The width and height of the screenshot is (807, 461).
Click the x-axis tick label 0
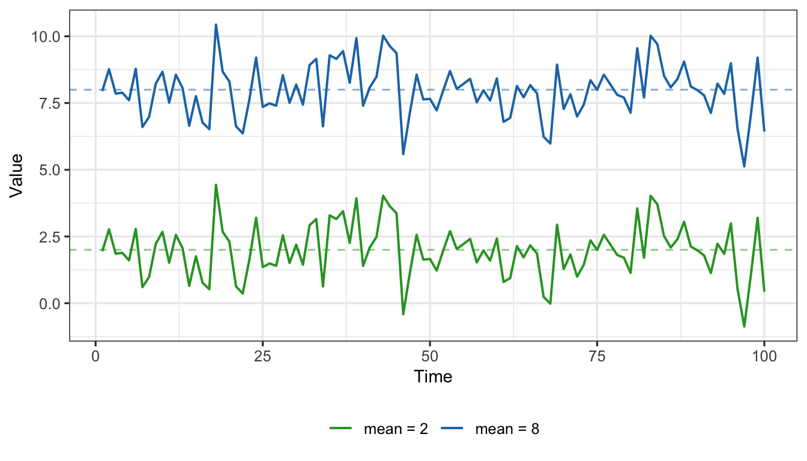click(95, 356)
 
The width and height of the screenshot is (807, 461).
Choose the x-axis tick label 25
click(262, 356)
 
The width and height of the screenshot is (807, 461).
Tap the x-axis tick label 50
click(430, 356)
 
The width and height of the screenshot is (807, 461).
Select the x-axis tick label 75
click(597, 356)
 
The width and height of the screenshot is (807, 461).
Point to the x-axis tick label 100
click(764, 356)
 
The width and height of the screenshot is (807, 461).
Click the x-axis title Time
click(433, 377)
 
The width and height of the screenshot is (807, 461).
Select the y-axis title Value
click(16, 175)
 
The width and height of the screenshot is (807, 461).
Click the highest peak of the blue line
click(216, 25)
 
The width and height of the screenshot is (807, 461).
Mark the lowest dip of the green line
click(744, 327)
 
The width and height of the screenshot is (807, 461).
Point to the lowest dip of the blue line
click(744, 166)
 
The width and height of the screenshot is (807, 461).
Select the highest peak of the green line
click(216, 185)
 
